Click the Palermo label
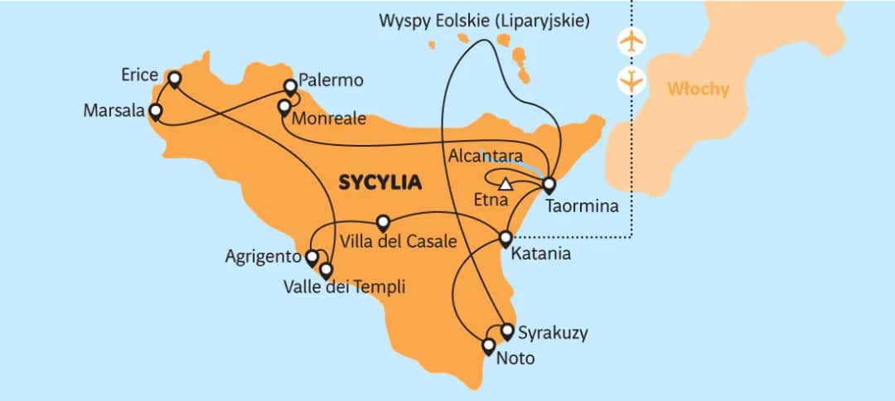[331, 80]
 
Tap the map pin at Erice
[174, 80]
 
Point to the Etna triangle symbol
[506, 184]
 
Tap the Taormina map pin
[549, 186]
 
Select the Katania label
[542, 254]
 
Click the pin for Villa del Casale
[383, 223]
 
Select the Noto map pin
[489, 345]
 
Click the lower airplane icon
[632, 80]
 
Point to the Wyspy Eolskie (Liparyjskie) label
[485, 21]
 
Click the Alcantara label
[485, 156]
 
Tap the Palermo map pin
[290, 86]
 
